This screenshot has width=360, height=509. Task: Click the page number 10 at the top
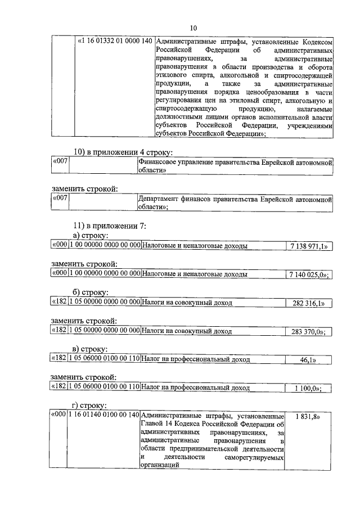tap(193, 28)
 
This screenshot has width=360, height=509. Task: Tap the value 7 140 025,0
tap(309, 274)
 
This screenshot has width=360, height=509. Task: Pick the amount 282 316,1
tap(309, 303)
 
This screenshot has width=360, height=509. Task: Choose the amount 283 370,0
tap(309, 332)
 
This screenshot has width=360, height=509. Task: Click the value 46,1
tap(309, 359)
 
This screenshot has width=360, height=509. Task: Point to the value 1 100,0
tap(309, 388)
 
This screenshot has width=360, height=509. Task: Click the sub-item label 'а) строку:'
tap(91, 236)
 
